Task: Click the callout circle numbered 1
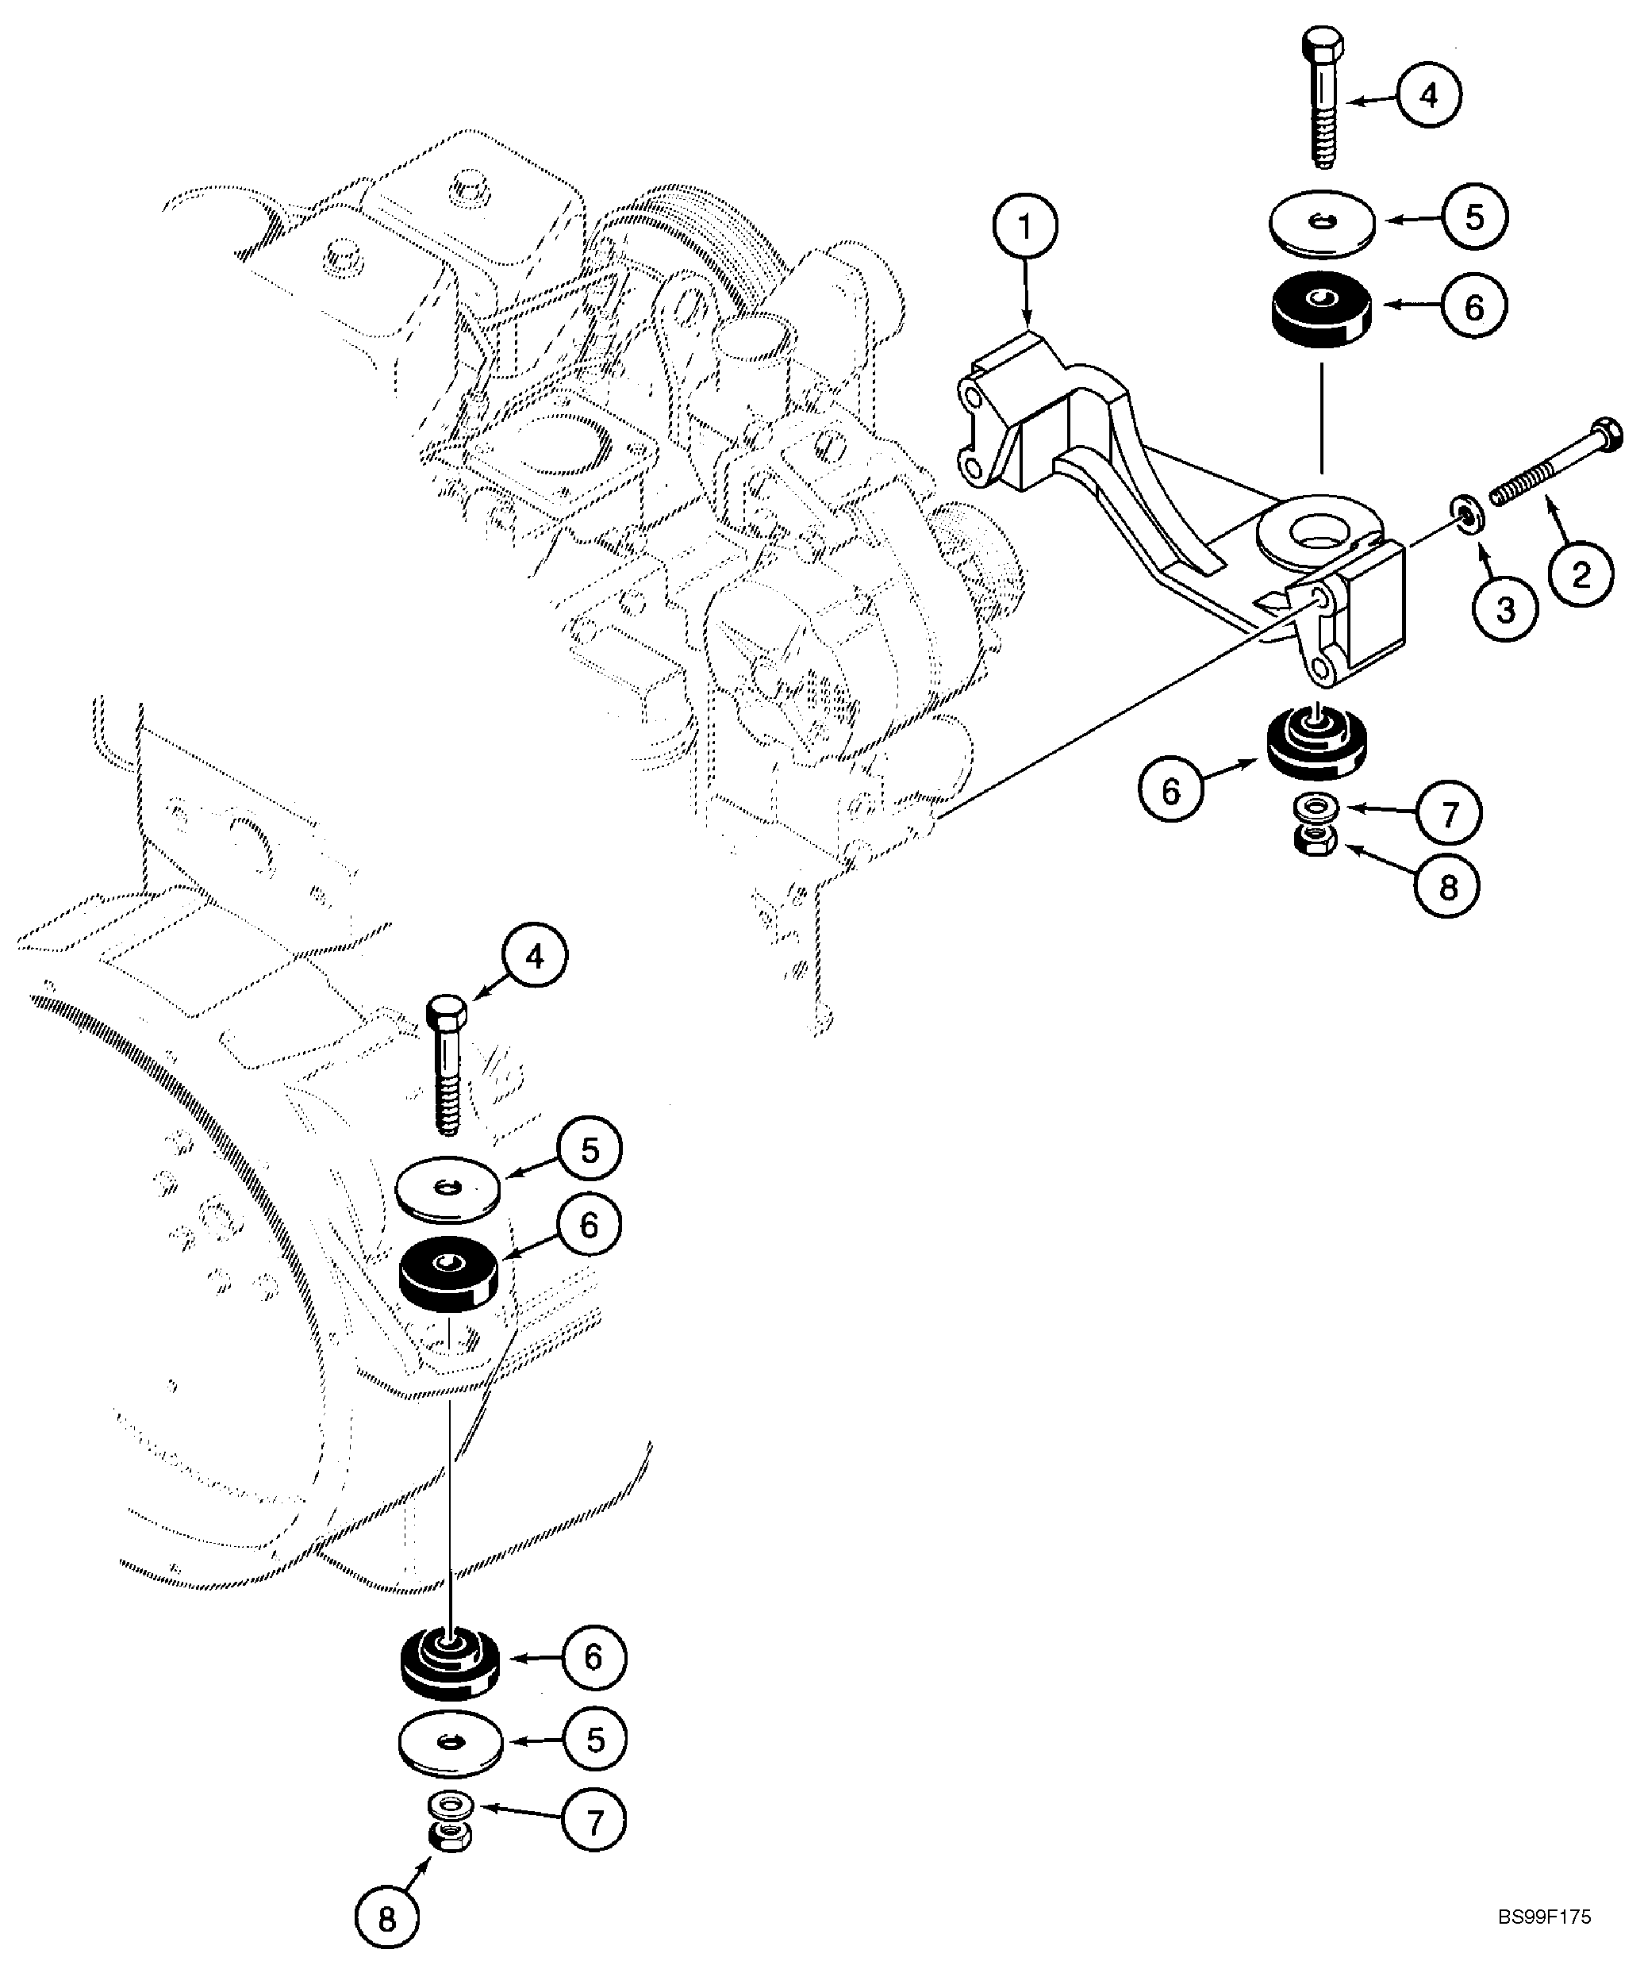(1026, 227)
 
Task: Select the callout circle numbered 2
(1581, 574)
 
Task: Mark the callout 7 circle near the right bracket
(1449, 813)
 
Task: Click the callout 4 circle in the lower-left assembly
(533, 957)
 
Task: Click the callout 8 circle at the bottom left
(386, 1918)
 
